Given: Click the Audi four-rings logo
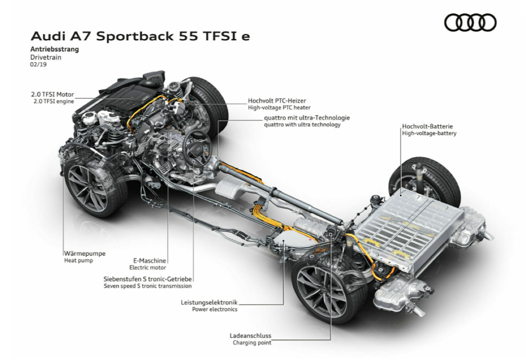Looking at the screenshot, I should [470, 23].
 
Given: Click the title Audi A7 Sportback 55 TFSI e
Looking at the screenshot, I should [140, 37].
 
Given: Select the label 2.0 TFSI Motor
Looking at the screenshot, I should [52, 95].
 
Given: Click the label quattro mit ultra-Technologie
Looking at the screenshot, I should [307, 118].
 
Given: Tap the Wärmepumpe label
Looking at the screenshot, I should [85, 253].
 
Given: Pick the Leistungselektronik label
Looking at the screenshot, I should [209, 302].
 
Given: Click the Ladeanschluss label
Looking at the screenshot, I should [250, 336].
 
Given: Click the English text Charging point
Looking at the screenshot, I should [252, 343].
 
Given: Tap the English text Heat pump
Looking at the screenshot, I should [78, 261].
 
